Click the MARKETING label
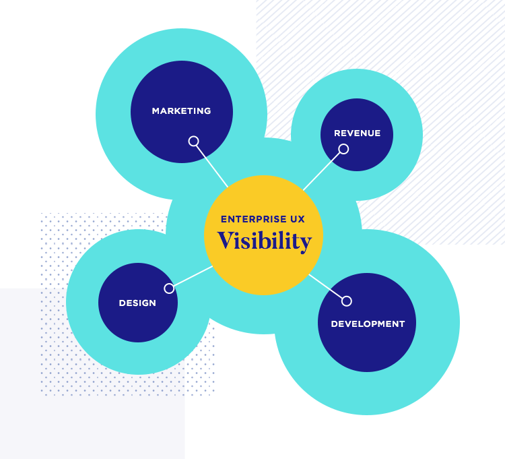click(181, 111)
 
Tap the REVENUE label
click(357, 133)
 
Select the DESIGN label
click(137, 303)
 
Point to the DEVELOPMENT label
click(368, 324)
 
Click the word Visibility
click(265, 241)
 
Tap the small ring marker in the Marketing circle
click(193, 141)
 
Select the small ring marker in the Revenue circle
click(343, 149)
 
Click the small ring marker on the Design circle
click(169, 288)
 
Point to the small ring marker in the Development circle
click(347, 301)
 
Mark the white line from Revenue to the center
click(322, 171)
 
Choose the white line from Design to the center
click(193, 276)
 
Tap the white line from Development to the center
click(326, 286)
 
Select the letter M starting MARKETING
click(156, 111)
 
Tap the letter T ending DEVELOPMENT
click(401, 324)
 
